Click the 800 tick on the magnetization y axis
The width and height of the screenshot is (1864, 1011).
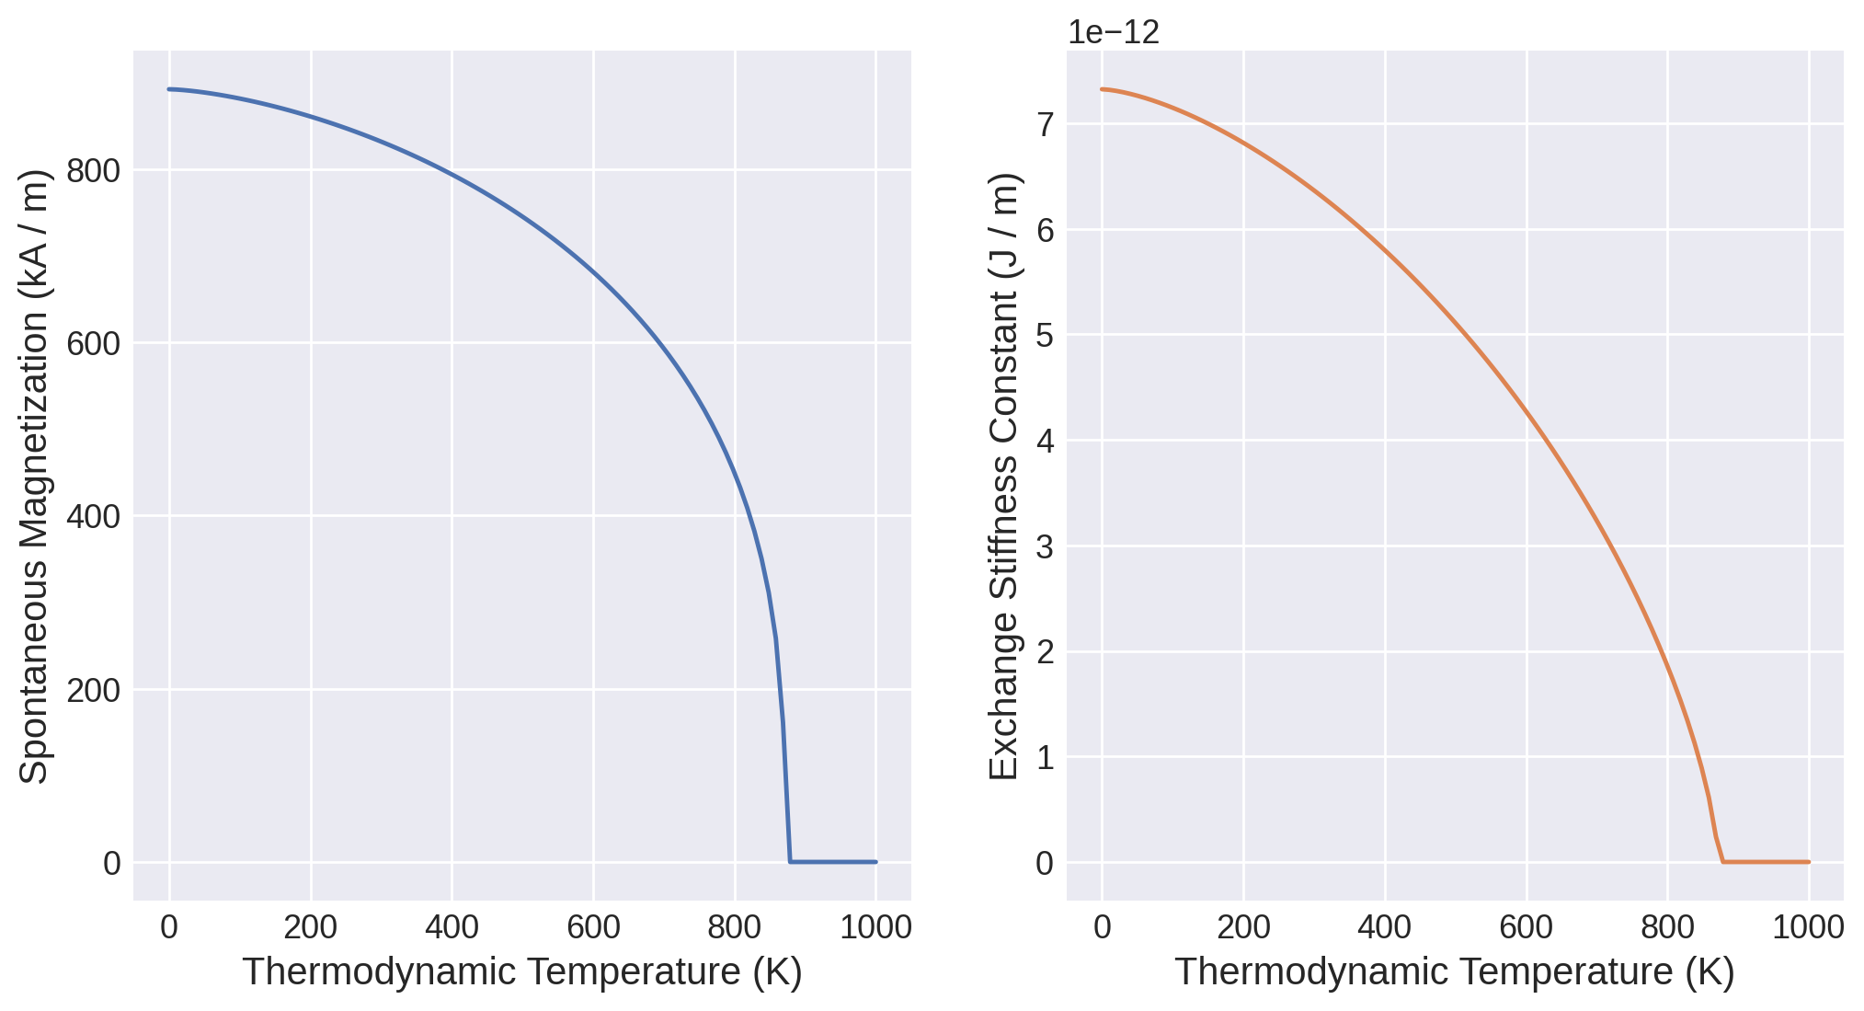pyautogui.click(x=94, y=171)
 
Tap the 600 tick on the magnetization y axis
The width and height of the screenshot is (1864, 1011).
pyautogui.click(x=94, y=344)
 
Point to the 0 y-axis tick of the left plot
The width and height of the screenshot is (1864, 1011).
pyautogui.click(x=112, y=864)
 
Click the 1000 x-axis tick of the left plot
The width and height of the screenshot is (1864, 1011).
pyautogui.click(x=875, y=927)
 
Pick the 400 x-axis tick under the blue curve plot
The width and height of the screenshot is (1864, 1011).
pyautogui.click(x=452, y=927)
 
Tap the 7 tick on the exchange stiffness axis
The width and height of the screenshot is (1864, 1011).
pyautogui.click(x=1045, y=124)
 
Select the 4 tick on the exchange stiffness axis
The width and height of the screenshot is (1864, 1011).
pyautogui.click(x=1045, y=442)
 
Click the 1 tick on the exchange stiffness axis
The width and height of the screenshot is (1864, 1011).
pyautogui.click(x=1045, y=758)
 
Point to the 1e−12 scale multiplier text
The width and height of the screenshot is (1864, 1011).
pyautogui.click(x=1114, y=32)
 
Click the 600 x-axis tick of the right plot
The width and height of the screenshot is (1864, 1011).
pyautogui.click(x=1526, y=927)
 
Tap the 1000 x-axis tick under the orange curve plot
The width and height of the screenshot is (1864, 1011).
pyautogui.click(x=1808, y=927)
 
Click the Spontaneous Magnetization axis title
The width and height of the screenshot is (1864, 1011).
pyautogui.click(x=34, y=476)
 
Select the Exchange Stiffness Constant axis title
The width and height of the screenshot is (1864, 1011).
pyautogui.click(x=1004, y=476)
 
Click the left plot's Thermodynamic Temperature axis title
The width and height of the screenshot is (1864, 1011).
pyautogui.click(x=522, y=972)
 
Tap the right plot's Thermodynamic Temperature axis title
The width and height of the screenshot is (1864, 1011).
pyautogui.click(x=1455, y=972)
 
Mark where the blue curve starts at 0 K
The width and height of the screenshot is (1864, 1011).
pyautogui.click(x=169, y=89)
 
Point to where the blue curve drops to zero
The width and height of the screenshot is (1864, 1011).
pyautogui.click(x=790, y=861)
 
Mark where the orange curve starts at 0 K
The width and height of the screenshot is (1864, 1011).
pyautogui.click(x=1102, y=89)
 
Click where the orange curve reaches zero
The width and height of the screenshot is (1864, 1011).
pyautogui.click(x=1722, y=861)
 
